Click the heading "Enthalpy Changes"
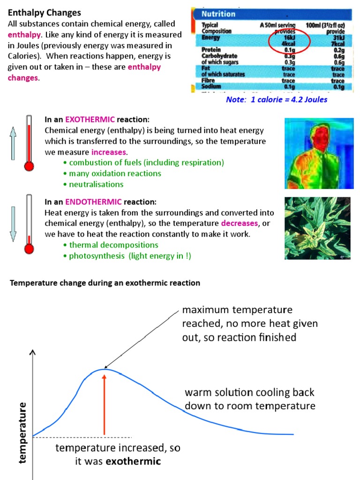tap(45, 13)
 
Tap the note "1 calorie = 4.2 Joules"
tap(277, 100)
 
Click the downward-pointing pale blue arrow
tap(13, 225)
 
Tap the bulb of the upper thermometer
tap(29, 165)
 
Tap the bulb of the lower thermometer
tap(29, 248)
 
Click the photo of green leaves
tap(318, 228)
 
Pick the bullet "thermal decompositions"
tap(113, 245)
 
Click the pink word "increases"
tap(109, 152)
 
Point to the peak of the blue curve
tap(104, 369)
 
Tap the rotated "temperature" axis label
tap(22, 432)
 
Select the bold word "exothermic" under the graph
tap(133, 461)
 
